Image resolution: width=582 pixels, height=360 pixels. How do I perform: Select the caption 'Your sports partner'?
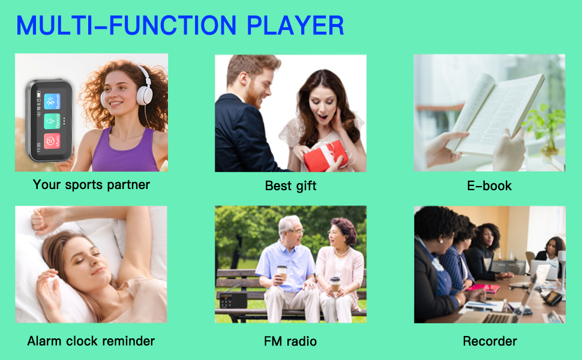91,185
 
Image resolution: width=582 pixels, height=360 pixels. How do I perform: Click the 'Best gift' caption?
290,186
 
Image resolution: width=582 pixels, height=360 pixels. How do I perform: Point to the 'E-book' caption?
489,186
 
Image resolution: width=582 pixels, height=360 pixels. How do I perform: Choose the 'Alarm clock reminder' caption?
91,341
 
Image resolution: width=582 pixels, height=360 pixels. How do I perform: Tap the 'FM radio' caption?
290,341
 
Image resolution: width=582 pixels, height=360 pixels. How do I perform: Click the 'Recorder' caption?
490,341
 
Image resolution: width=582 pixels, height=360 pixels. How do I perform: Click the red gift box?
325,157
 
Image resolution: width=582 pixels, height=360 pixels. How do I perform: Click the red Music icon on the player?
52,141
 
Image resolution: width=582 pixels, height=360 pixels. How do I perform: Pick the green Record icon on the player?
52,121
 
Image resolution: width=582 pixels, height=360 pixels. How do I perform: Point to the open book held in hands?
495,114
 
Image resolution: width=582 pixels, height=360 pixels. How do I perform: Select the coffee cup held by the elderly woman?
335,283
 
